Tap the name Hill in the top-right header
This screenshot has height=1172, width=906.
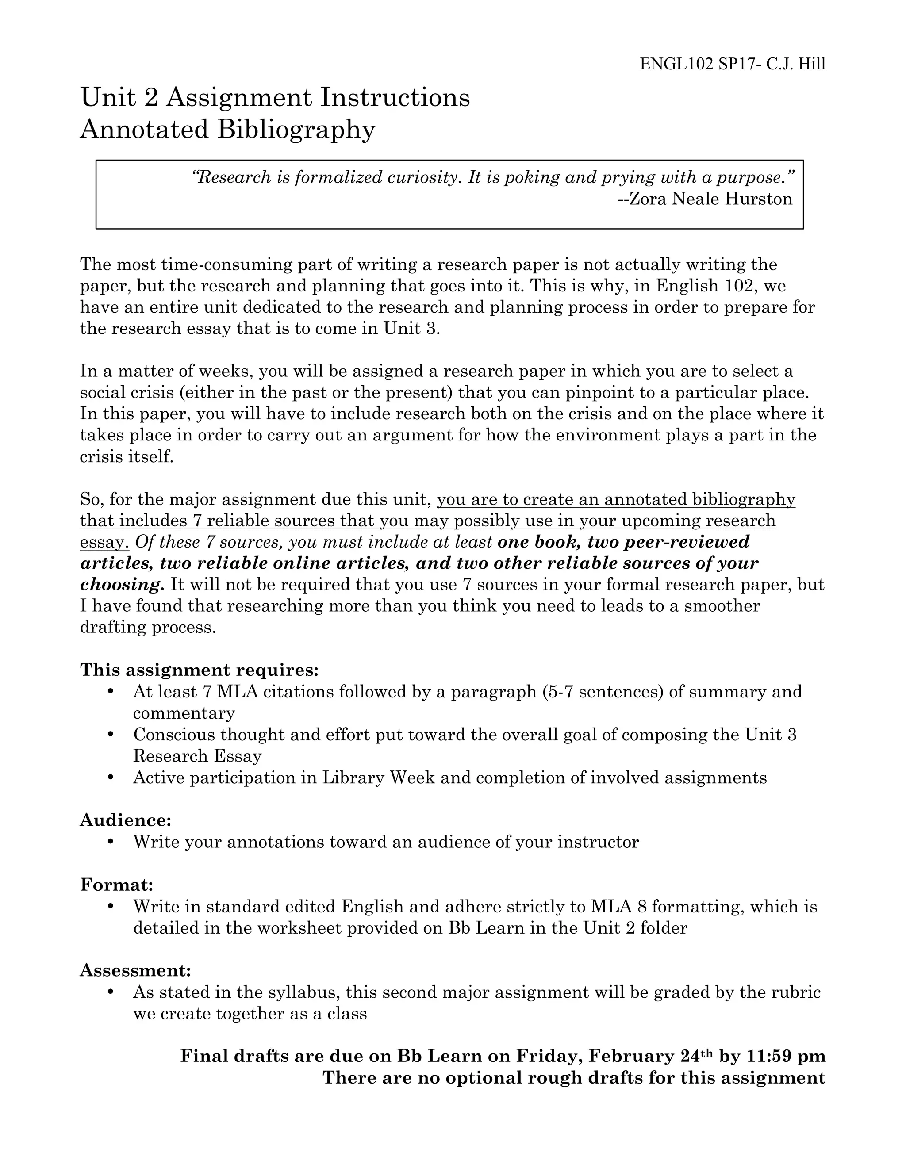[x=811, y=65]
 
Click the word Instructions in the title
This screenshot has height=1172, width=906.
[x=395, y=98]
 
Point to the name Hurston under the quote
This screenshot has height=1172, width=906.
[x=758, y=199]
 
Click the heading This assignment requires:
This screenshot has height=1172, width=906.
[x=200, y=670]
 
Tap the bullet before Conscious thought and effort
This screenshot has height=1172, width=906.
[x=111, y=734]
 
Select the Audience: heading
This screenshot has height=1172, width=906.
[x=126, y=820]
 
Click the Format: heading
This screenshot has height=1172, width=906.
[x=117, y=885]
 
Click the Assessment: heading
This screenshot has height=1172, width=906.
[x=136, y=970]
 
